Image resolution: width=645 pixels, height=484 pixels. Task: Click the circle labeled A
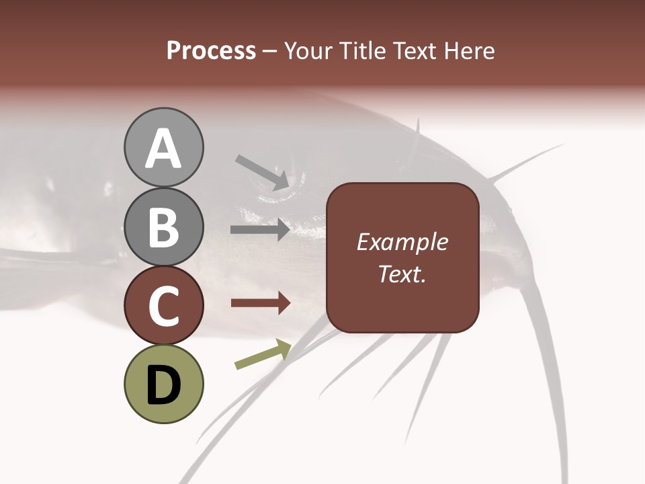(x=164, y=147)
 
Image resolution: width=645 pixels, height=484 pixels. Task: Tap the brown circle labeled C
(x=164, y=305)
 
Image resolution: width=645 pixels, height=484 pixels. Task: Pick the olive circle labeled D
(x=164, y=384)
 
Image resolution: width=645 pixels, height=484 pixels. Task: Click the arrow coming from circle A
(x=262, y=172)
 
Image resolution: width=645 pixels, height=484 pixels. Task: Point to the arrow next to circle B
(x=260, y=230)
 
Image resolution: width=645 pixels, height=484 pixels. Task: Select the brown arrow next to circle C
(x=260, y=303)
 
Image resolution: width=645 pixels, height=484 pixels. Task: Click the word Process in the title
(x=211, y=51)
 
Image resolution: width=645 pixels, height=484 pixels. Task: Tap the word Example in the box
(x=402, y=242)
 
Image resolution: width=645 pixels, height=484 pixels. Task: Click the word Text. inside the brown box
(x=402, y=274)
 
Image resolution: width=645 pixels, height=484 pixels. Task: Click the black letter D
(x=164, y=385)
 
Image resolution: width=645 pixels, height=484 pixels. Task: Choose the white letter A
(x=164, y=148)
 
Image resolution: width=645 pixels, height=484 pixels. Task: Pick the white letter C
(x=164, y=306)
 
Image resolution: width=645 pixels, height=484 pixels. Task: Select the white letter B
(x=164, y=227)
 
